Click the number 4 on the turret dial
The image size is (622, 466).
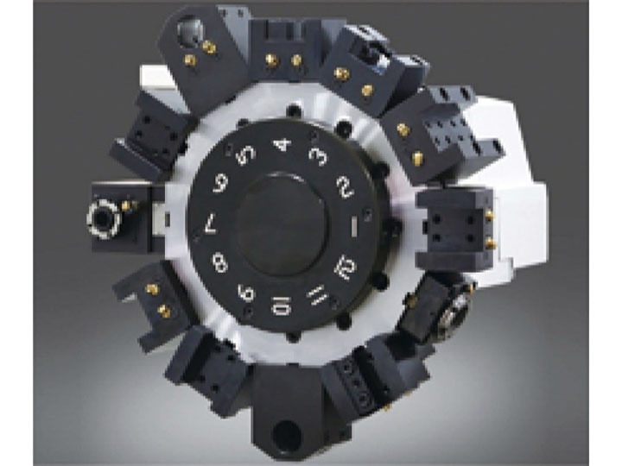tap(282, 145)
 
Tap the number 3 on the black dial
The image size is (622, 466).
tap(319, 155)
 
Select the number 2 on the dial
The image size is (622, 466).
tap(345, 186)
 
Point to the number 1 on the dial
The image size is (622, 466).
tap(355, 226)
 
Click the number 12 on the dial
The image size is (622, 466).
tap(345, 267)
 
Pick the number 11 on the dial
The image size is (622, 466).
tap(318, 295)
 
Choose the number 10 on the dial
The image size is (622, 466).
tap(282, 306)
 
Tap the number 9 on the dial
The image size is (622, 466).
tap(246, 293)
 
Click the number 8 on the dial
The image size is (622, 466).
tap(219, 263)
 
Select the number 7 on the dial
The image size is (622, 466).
tap(211, 225)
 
